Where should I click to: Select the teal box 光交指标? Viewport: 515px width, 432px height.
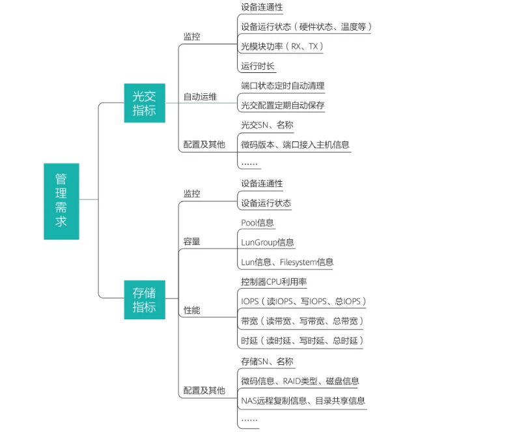[x=144, y=103]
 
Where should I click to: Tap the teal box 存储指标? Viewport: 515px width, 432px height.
[x=144, y=299]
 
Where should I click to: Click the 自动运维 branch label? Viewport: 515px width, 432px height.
[x=200, y=97]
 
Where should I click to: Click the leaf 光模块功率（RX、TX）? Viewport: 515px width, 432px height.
[x=282, y=46]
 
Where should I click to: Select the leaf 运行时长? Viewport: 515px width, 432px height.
[x=258, y=66]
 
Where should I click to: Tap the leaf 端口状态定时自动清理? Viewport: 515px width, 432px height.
[x=283, y=85]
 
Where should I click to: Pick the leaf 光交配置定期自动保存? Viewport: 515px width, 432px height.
[x=283, y=105]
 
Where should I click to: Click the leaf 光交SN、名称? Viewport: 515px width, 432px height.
[x=267, y=124]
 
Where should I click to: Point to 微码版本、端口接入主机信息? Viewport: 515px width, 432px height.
[x=295, y=144]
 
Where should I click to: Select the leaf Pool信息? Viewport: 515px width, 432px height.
[x=257, y=223]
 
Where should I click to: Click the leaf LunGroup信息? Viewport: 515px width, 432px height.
[x=267, y=242]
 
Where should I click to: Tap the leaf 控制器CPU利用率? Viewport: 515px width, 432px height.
[x=273, y=282]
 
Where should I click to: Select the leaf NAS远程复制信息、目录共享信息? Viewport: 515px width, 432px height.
[x=303, y=401]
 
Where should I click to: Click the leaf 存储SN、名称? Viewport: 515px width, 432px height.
[x=267, y=361]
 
